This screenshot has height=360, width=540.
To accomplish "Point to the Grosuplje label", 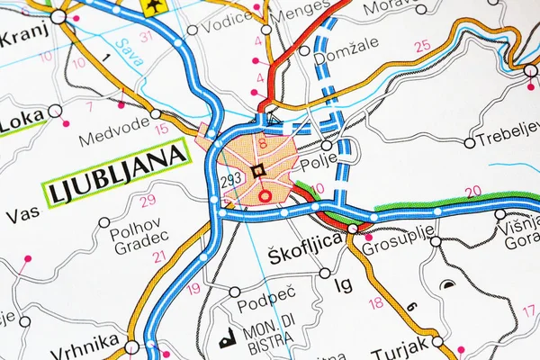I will tap(392, 242).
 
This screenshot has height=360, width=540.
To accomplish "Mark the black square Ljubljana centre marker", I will tap(258, 171).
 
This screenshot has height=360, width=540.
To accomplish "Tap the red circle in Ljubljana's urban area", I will tap(264, 194).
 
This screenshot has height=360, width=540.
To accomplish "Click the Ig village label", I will tap(343, 285).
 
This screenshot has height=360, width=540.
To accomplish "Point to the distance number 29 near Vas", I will tap(148, 200).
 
